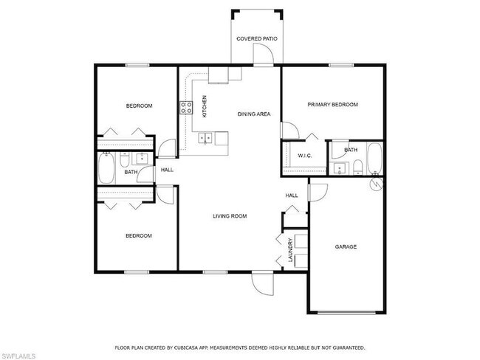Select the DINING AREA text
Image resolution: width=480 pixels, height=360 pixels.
click(253, 114)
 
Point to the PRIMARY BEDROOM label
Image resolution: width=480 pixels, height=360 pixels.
click(332, 105)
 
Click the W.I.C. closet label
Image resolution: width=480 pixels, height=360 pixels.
click(304, 156)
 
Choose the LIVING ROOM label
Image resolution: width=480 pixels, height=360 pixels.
click(230, 216)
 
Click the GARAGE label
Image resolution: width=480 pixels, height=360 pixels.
click(346, 246)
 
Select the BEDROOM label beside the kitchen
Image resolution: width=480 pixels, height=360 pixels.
click(139, 106)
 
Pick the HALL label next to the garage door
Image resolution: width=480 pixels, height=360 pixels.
click(292, 195)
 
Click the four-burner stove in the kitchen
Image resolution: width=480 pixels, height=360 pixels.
click(185, 108)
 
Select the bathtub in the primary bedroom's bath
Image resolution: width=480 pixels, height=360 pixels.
click(374, 159)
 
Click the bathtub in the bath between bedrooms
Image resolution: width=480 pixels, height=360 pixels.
click(106, 170)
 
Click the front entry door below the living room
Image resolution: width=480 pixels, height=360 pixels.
click(262, 281)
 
